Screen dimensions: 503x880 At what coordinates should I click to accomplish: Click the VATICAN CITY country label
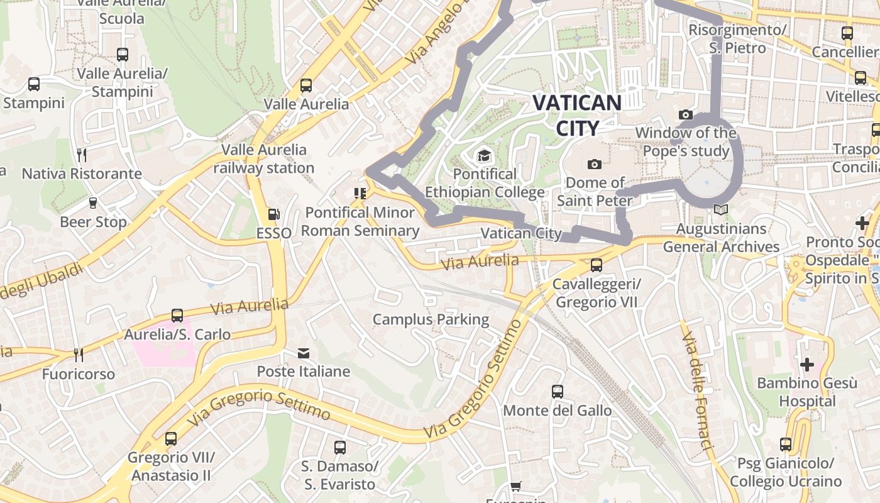pyautogui.click(x=577, y=115)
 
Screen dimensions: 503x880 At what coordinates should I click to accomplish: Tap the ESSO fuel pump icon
pyautogui.click(x=273, y=214)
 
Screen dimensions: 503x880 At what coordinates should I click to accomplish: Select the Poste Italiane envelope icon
pyautogui.click(x=304, y=353)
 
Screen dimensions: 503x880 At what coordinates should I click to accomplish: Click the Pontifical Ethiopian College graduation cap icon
pyautogui.click(x=484, y=155)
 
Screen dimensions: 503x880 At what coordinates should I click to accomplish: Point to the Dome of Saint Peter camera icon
pyautogui.click(x=594, y=165)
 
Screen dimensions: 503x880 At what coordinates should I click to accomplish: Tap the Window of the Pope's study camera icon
pyautogui.click(x=685, y=114)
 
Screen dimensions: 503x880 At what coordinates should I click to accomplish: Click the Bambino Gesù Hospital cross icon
pyautogui.click(x=806, y=364)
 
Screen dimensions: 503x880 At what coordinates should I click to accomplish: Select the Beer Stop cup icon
pyautogui.click(x=93, y=202)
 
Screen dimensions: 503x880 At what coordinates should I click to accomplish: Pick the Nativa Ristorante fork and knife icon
pyautogui.click(x=81, y=155)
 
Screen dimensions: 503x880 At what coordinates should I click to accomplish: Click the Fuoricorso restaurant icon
pyautogui.click(x=79, y=355)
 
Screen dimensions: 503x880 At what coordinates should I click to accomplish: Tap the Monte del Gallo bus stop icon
pyautogui.click(x=557, y=392)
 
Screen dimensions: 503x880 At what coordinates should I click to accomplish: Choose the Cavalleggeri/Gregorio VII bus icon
pyautogui.click(x=596, y=265)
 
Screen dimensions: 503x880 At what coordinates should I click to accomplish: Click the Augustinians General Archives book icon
pyautogui.click(x=720, y=210)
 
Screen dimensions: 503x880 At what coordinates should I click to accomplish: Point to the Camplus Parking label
pyautogui.click(x=431, y=319)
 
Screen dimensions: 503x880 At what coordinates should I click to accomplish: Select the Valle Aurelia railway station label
pyautogui.click(x=264, y=159)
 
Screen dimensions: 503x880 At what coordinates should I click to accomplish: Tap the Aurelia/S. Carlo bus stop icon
pyautogui.click(x=177, y=315)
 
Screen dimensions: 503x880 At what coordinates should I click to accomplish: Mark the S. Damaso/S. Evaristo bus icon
pyautogui.click(x=340, y=448)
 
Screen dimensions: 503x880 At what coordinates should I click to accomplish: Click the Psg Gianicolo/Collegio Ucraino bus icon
pyautogui.click(x=786, y=445)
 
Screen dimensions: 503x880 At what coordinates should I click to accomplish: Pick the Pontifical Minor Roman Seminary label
pyautogui.click(x=360, y=221)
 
